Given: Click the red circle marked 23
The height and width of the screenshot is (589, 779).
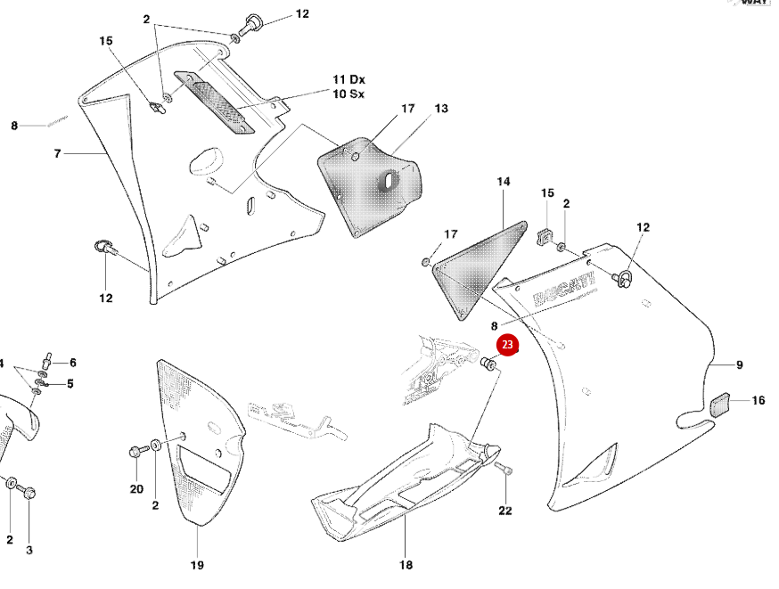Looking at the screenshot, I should pos(507,344).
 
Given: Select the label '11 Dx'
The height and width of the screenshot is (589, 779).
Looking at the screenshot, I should pos(348,80).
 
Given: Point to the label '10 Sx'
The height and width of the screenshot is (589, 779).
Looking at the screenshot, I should pos(348,94).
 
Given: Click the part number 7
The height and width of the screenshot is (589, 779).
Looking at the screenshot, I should pos(57,153).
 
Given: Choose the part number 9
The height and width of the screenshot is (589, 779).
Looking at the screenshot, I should pos(739,364).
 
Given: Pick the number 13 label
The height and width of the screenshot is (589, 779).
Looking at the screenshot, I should pos(441,109).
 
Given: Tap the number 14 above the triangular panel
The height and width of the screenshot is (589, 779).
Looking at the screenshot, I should pos(504,182).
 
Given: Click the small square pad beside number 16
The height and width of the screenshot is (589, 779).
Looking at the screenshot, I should pos(720,404).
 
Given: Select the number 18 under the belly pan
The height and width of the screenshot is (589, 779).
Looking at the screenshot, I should pos(406,565).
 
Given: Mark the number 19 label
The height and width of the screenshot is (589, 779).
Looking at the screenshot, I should pos(197,565).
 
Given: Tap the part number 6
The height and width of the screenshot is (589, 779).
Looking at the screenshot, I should pos(72,363).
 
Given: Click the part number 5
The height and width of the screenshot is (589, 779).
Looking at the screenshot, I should pos(70,384).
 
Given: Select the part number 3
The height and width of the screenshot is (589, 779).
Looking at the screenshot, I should pos(29,551).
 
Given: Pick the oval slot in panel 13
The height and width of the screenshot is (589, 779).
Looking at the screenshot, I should pos(389,181).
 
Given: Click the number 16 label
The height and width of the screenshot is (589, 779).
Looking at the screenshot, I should pos(758,401).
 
